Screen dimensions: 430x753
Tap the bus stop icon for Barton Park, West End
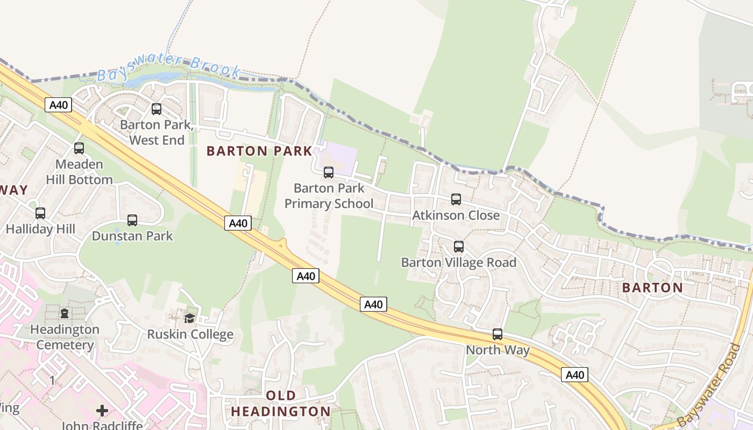coord(157,109)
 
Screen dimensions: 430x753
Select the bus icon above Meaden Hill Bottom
coord(79,148)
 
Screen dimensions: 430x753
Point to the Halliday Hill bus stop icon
coord(40,213)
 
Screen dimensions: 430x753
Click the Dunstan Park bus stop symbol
coord(132,220)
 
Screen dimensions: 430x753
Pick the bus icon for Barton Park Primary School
coord(329,173)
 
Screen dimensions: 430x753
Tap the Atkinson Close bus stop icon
coord(456,199)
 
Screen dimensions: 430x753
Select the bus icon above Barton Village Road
coord(459,247)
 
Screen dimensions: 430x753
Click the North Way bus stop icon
coord(498,334)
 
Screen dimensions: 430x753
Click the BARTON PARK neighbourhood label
coord(259,151)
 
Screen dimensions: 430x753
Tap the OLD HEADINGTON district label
coord(281,404)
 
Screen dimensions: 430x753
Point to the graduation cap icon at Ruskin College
coord(189,318)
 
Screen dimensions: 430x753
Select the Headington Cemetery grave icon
coord(65,313)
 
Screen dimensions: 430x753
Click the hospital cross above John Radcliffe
coord(102,411)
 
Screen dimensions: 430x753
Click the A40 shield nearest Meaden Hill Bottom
coord(58,105)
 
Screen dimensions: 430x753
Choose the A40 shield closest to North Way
coord(574,375)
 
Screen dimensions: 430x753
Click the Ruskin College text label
coord(190,334)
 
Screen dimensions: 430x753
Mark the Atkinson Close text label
coord(456,216)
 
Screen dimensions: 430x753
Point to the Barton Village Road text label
coord(459,262)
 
